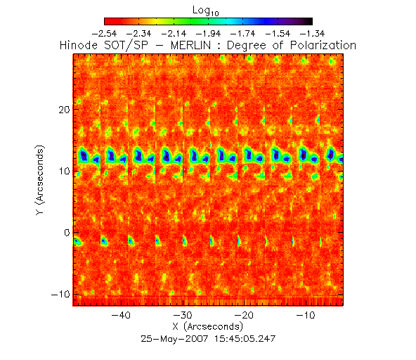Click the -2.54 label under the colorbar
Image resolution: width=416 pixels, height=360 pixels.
[x=104, y=34]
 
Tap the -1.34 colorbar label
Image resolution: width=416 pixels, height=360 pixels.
[x=312, y=34]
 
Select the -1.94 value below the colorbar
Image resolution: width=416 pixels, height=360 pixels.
[x=208, y=34]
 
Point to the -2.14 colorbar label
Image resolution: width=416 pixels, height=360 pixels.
[x=174, y=34]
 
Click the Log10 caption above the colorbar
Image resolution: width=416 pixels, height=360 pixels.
[x=206, y=11]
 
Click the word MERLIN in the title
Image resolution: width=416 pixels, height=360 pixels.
[x=190, y=46]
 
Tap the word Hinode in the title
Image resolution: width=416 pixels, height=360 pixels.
[x=79, y=46]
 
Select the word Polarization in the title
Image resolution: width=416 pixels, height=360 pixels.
[x=323, y=46]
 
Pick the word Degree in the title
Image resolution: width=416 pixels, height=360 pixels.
[x=246, y=46]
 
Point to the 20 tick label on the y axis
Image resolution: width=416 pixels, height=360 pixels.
[x=64, y=110]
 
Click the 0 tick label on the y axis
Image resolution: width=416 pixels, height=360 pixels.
[x=67, y=233]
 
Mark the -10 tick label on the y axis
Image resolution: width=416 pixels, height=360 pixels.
[x=60, y=294]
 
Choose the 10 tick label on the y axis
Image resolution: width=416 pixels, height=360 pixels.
[x=64, y=171]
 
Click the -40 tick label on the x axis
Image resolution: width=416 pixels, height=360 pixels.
[x=122, y=315]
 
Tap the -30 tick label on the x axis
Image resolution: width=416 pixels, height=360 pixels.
[x=183, y=315]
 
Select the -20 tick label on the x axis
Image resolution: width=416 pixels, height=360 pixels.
[x=245, y=315]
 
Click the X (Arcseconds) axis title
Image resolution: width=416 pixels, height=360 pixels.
[x=208, y=326]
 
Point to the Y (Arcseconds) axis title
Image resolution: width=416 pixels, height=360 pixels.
[x=40, y=180]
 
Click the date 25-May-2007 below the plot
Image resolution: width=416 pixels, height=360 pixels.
[x=174, y=339]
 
